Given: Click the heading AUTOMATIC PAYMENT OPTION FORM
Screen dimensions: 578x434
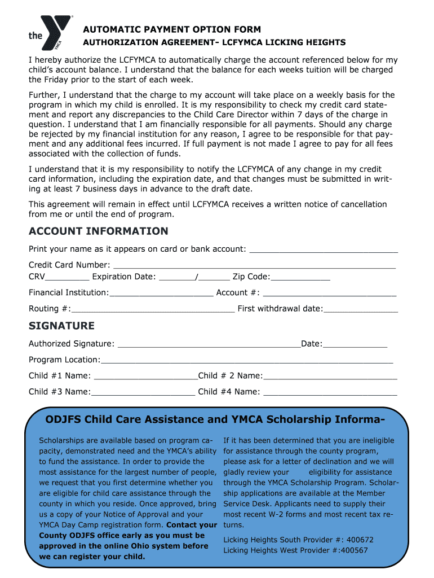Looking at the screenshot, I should pyautogui.click(x=172, y=29).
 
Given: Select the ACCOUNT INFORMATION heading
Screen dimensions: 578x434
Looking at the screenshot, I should pyautogui.click(x=98, y=231).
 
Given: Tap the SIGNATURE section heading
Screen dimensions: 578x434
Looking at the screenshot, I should pyautogui.click(x=61, y=326).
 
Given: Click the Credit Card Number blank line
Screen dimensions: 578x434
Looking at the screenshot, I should pyautogui.click(x=254, y=265).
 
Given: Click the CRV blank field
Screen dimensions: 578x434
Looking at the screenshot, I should pyautogui.click(x=67, y=277).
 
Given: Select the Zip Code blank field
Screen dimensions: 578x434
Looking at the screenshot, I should pyautogui.click(x=300, y=277).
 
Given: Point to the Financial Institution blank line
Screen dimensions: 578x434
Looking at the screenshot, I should pyautogui.click(x=161, y=293).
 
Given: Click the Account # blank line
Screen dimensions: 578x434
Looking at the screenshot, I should pyautogui.click(x=330, y=293).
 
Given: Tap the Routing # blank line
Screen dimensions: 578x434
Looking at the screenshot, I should pyautogui.click(x=153, y=309).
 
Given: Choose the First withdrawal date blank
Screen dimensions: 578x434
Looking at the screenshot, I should pyautogui.click(x=361, y=309).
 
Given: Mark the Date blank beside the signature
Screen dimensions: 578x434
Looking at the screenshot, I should pyautogui.click(x=355, y=344).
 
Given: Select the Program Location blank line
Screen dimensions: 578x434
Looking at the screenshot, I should pyautogui.click(x=246, y=361).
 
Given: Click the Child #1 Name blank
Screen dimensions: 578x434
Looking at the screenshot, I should pyautogui.click(x=145, y=376).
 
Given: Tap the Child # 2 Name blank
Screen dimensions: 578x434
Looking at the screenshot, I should pyautogui.click(x=330, y=376).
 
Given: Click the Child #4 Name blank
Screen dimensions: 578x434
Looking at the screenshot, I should pyautogui.click(x=330, y=392).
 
